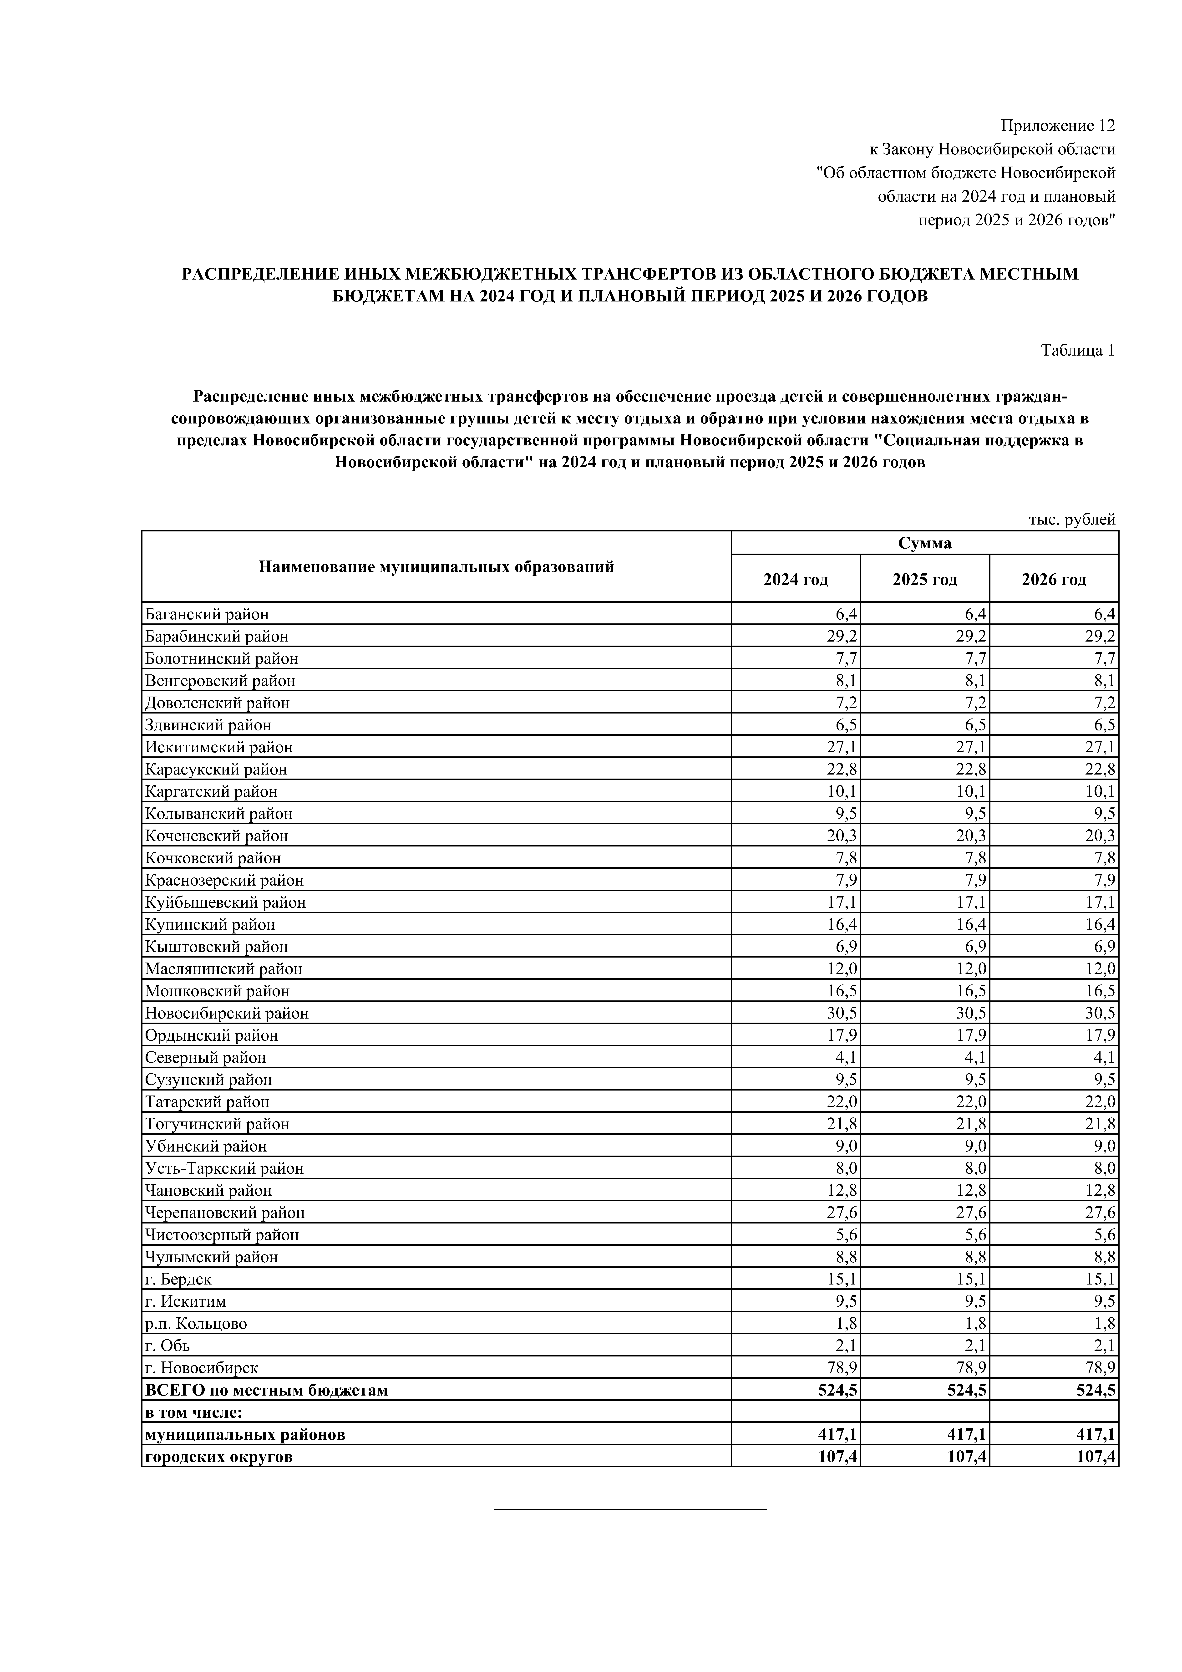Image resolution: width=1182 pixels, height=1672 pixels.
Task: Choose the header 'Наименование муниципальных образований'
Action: pyautogui.click(x=436, y=566)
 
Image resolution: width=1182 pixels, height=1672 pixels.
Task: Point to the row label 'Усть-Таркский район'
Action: pyautogui.click(x=224, y=1168)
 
